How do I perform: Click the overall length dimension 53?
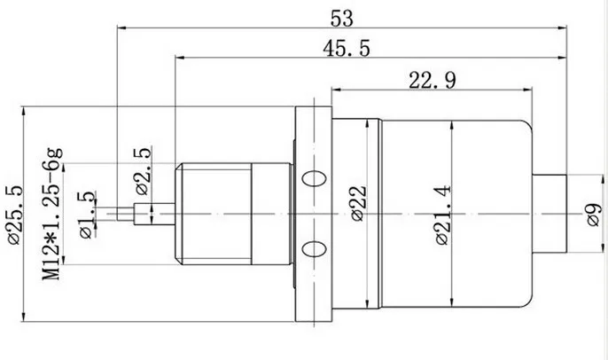coord(342,19)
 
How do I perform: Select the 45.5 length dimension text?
coord(347,49)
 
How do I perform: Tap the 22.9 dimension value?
coord(433,81)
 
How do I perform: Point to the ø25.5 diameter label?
coord(16,215)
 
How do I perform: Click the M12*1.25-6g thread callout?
coord(52,214)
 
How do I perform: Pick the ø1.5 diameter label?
coord(87,215)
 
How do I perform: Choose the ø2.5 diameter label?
coord(143,170)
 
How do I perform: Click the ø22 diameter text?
coord(359,203)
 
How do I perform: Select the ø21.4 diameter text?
coord(443,215)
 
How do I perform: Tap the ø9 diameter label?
coord(595,215)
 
